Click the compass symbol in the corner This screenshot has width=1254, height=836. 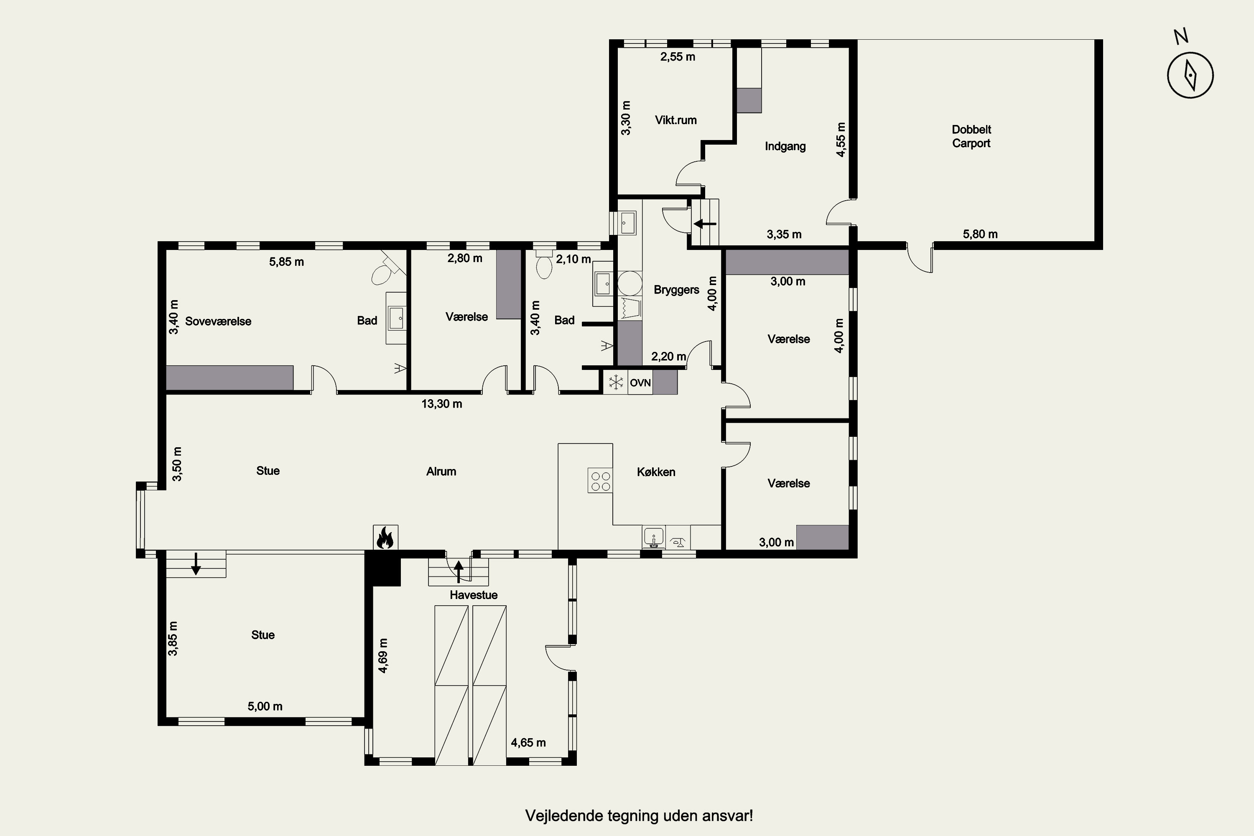pyautogui.click(x=1190, y=75)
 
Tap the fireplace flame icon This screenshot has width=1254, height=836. pyautogui.click(x=385, y=538)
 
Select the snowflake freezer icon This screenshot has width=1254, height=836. pyautogui.click(x=616, y=382)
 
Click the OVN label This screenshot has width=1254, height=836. pyautogui.click(x=640, y=383)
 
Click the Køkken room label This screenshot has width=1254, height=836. pyautogui.click(x=656, y=472)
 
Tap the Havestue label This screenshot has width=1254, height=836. pyautogui.click(x=474, y=595)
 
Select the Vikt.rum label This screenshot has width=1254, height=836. pyautogui.click(x=675, y=120)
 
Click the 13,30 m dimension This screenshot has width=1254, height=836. pyautogui.click(x=441, y=404)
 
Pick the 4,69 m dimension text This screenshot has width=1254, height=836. pyautogui.click(x=383, y=655)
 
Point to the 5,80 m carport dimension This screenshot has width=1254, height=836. pyautogui.click(x=980, y=234)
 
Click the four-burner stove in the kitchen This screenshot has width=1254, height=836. pyautogui.click(x=600, y=480)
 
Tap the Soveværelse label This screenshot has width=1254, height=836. pyautogui.click(x=218, y=321)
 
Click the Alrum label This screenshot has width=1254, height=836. pyautogui.click(x=441, y=472)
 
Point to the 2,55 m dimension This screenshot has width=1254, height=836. pyautogui.click(x=678, y=56)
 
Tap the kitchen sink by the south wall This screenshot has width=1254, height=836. pyautogui.click(x=654, y=538)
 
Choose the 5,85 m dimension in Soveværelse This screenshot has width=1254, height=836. pyautogui.click(x=286, y=262)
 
